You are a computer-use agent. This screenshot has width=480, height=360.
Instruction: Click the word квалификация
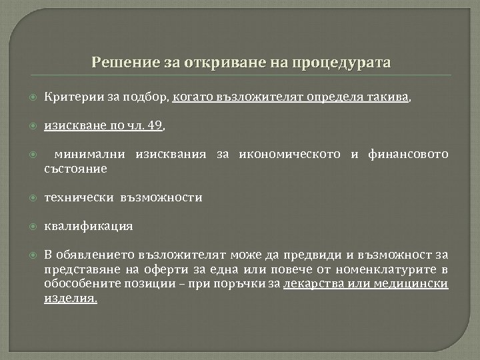88,226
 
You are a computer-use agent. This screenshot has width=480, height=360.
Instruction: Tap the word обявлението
97,255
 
